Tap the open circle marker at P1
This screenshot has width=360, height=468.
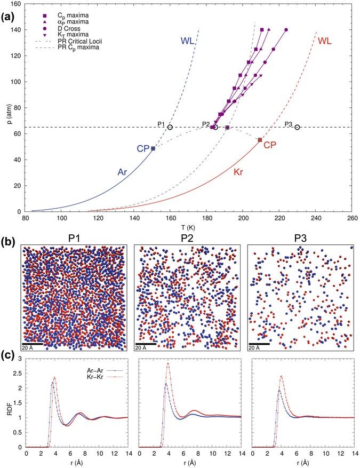pos(170,127)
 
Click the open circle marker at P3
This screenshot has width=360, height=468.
pos(297,127)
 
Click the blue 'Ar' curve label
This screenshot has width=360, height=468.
pos(123,172)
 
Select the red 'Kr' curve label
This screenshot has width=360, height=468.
pos(239,173)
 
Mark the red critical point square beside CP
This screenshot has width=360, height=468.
pos(260,140)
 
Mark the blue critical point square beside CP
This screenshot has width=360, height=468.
pos(153,148)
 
